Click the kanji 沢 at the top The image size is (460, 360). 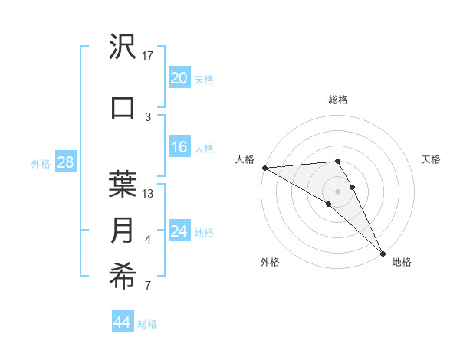[123, 47]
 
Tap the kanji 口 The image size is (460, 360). [123, 107]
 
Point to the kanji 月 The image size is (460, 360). [123, 231]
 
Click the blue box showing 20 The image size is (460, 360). [179, 77]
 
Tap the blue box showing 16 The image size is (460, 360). [179, 148]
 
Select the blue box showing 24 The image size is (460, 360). [179, 231]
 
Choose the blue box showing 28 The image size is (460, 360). [65, 162]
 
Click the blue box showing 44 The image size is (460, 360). [122, 322]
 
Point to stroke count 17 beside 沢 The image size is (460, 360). [148, 56]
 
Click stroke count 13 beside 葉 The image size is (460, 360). [148, 194]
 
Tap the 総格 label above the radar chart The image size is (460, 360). [338, 100]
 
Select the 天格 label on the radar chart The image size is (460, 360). [432, 159]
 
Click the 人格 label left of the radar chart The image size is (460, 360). [245, 159]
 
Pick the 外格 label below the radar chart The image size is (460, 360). [270, 263]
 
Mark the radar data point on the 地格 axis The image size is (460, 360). [383, 254]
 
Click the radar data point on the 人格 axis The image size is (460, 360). [264, 168]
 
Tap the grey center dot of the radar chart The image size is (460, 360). [337, 191]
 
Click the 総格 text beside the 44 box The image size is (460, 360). [147, 324]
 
